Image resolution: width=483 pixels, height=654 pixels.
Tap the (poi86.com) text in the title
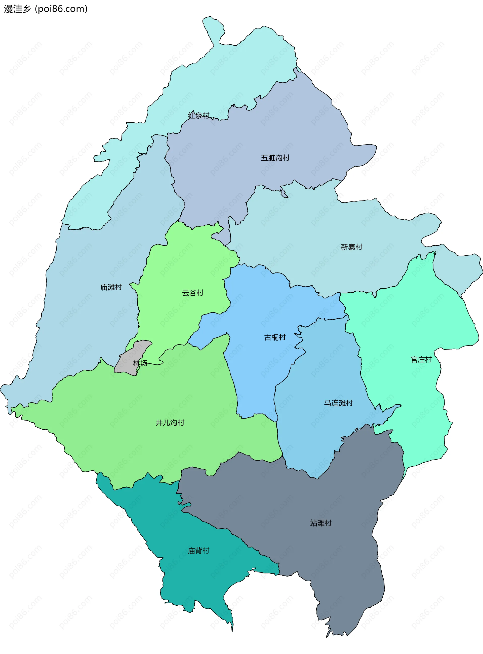pyautogui.click(x=61, y=9)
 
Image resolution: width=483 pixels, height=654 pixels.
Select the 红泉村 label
pyautogui.click(x=199, y=116)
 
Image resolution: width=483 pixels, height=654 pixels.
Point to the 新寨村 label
pyautogui.click(x=351, y=247)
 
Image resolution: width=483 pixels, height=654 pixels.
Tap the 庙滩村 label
pyautogui.click(x=111, y=287)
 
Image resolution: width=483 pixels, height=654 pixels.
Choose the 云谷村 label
pyautogui.click(x=193, y=293)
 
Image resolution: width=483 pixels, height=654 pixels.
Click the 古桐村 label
pyautogui.click(x=275, y=337)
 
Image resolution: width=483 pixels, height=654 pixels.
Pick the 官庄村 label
pyautogui.click(x=421, y=360)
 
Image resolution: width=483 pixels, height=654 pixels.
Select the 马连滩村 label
pyautogui.click(x=338, y=403)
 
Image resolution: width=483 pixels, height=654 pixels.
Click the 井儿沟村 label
pyautogui.click(x=170, y=423)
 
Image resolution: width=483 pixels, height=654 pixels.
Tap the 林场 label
pyautogui.click(x=140, y=363)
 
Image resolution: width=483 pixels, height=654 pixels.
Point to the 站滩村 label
pyautogui.click(x=321, y=523)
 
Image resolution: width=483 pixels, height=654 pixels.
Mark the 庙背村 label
pyautogui.click(x=198, y=551)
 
